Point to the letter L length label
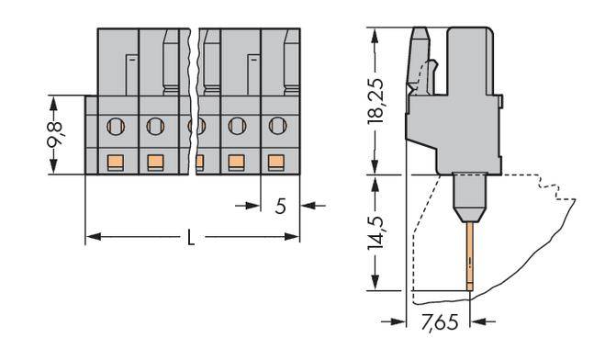(x=191, y=239)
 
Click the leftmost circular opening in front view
(x=116, y=125)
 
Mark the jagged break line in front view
(x=196, y=101)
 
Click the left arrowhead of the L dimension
(x=90, y=239)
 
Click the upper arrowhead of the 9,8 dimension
(x=53, y=99)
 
